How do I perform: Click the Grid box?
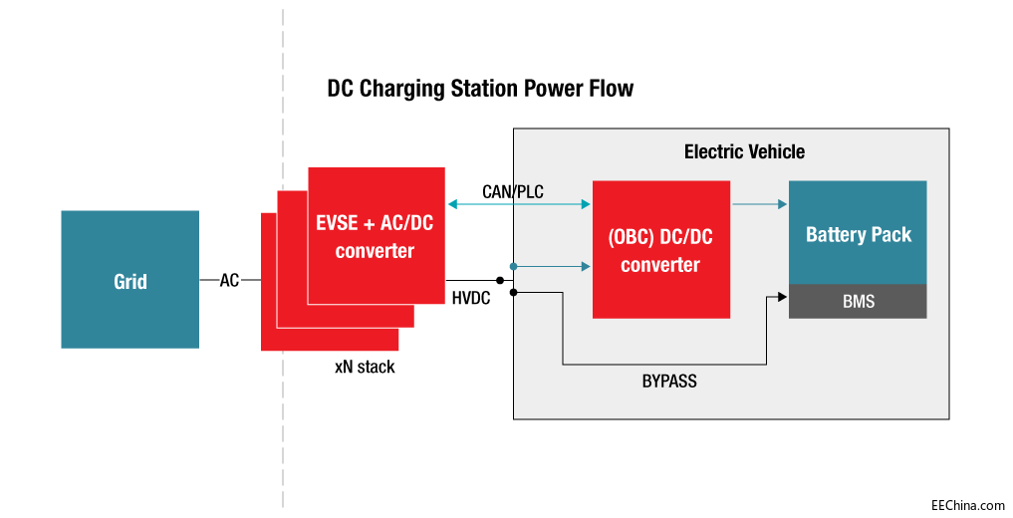point(129,280)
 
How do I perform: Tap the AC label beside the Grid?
point(229,281)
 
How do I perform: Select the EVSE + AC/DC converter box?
point(376,235)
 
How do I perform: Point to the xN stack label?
point(365,368)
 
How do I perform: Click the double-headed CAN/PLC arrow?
point(519,205)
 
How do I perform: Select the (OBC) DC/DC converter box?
point(660,249)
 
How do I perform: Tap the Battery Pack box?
point(858,233)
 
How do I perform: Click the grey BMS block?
point(858,301)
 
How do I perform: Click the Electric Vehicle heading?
point(744,152)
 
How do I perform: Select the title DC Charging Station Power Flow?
point(480,89)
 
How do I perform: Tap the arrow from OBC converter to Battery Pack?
point(759,205)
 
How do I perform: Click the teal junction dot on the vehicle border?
point(513,266)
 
